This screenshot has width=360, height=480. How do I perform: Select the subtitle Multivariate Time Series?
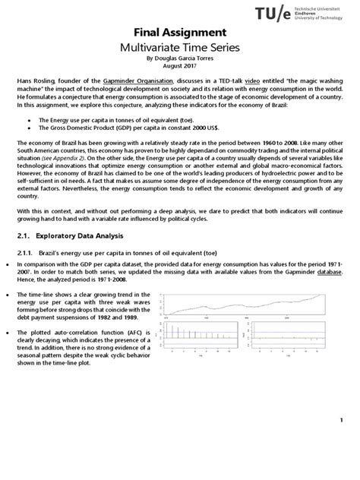[x=180, y=48]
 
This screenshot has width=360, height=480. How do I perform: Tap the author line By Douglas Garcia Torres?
[x=180, y=58]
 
